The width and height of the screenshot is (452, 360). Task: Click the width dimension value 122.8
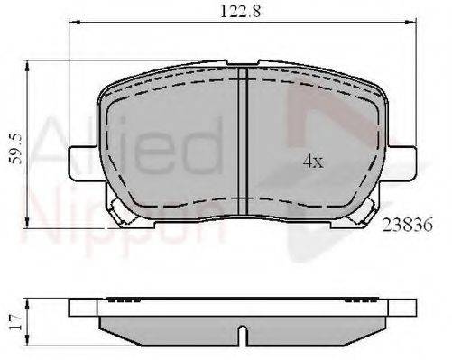pos(240,12)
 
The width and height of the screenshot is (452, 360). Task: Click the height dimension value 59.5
pos(15,149)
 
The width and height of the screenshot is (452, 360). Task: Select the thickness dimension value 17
pos(15,321)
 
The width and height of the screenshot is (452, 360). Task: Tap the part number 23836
pos(407,225)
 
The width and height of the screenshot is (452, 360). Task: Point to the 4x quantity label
pos(313,162)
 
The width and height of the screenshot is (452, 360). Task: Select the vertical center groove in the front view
pos(243,142)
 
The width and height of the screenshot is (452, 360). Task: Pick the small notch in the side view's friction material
pos(243,335)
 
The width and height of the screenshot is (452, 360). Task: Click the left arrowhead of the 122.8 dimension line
pos(74,23)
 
